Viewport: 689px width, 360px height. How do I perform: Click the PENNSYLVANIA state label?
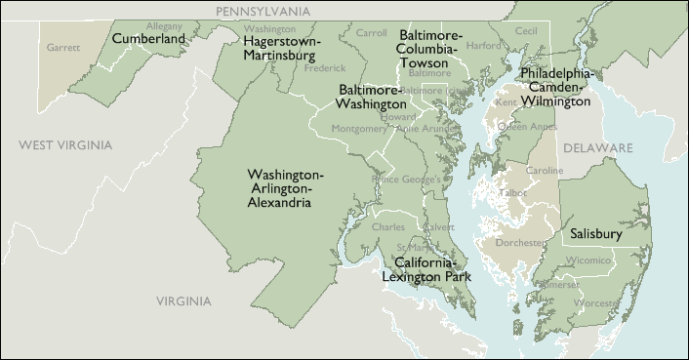coord(263,11)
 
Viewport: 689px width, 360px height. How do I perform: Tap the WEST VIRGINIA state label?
coord(65,145)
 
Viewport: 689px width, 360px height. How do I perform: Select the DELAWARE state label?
coord(596,147)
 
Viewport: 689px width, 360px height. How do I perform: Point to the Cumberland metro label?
coord(149,39)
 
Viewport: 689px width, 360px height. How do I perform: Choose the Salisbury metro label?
coord(595,234)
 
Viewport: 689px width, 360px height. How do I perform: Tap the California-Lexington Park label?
coord(432,270)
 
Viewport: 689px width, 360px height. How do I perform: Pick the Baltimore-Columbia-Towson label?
coord(430,49)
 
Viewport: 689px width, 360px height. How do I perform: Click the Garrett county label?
coord(63,46)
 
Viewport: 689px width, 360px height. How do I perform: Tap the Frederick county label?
coord(324,68)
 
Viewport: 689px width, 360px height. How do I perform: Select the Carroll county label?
coord(371,33)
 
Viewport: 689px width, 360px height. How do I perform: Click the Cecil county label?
coord(526,31)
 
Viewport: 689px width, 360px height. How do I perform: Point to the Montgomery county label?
coord(359,129)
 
